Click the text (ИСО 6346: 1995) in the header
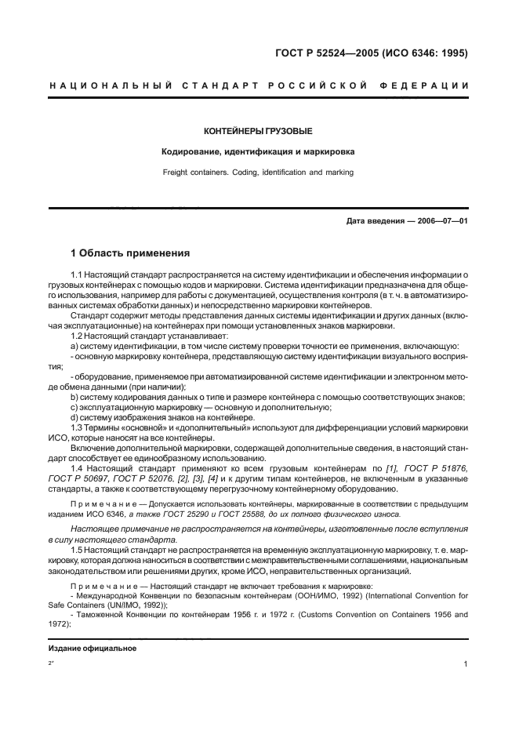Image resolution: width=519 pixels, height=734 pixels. [424, 53]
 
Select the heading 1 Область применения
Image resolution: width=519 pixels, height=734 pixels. [130, 253]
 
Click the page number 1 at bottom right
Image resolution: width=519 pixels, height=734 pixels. [466, 663]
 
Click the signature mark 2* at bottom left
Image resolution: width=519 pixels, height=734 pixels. [51, 663]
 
